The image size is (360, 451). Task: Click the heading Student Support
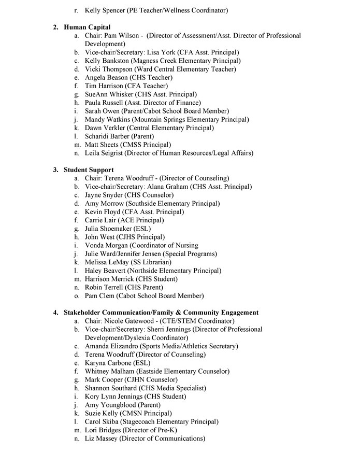tap(89, 170)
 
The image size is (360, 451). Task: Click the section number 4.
tap(55, 313)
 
